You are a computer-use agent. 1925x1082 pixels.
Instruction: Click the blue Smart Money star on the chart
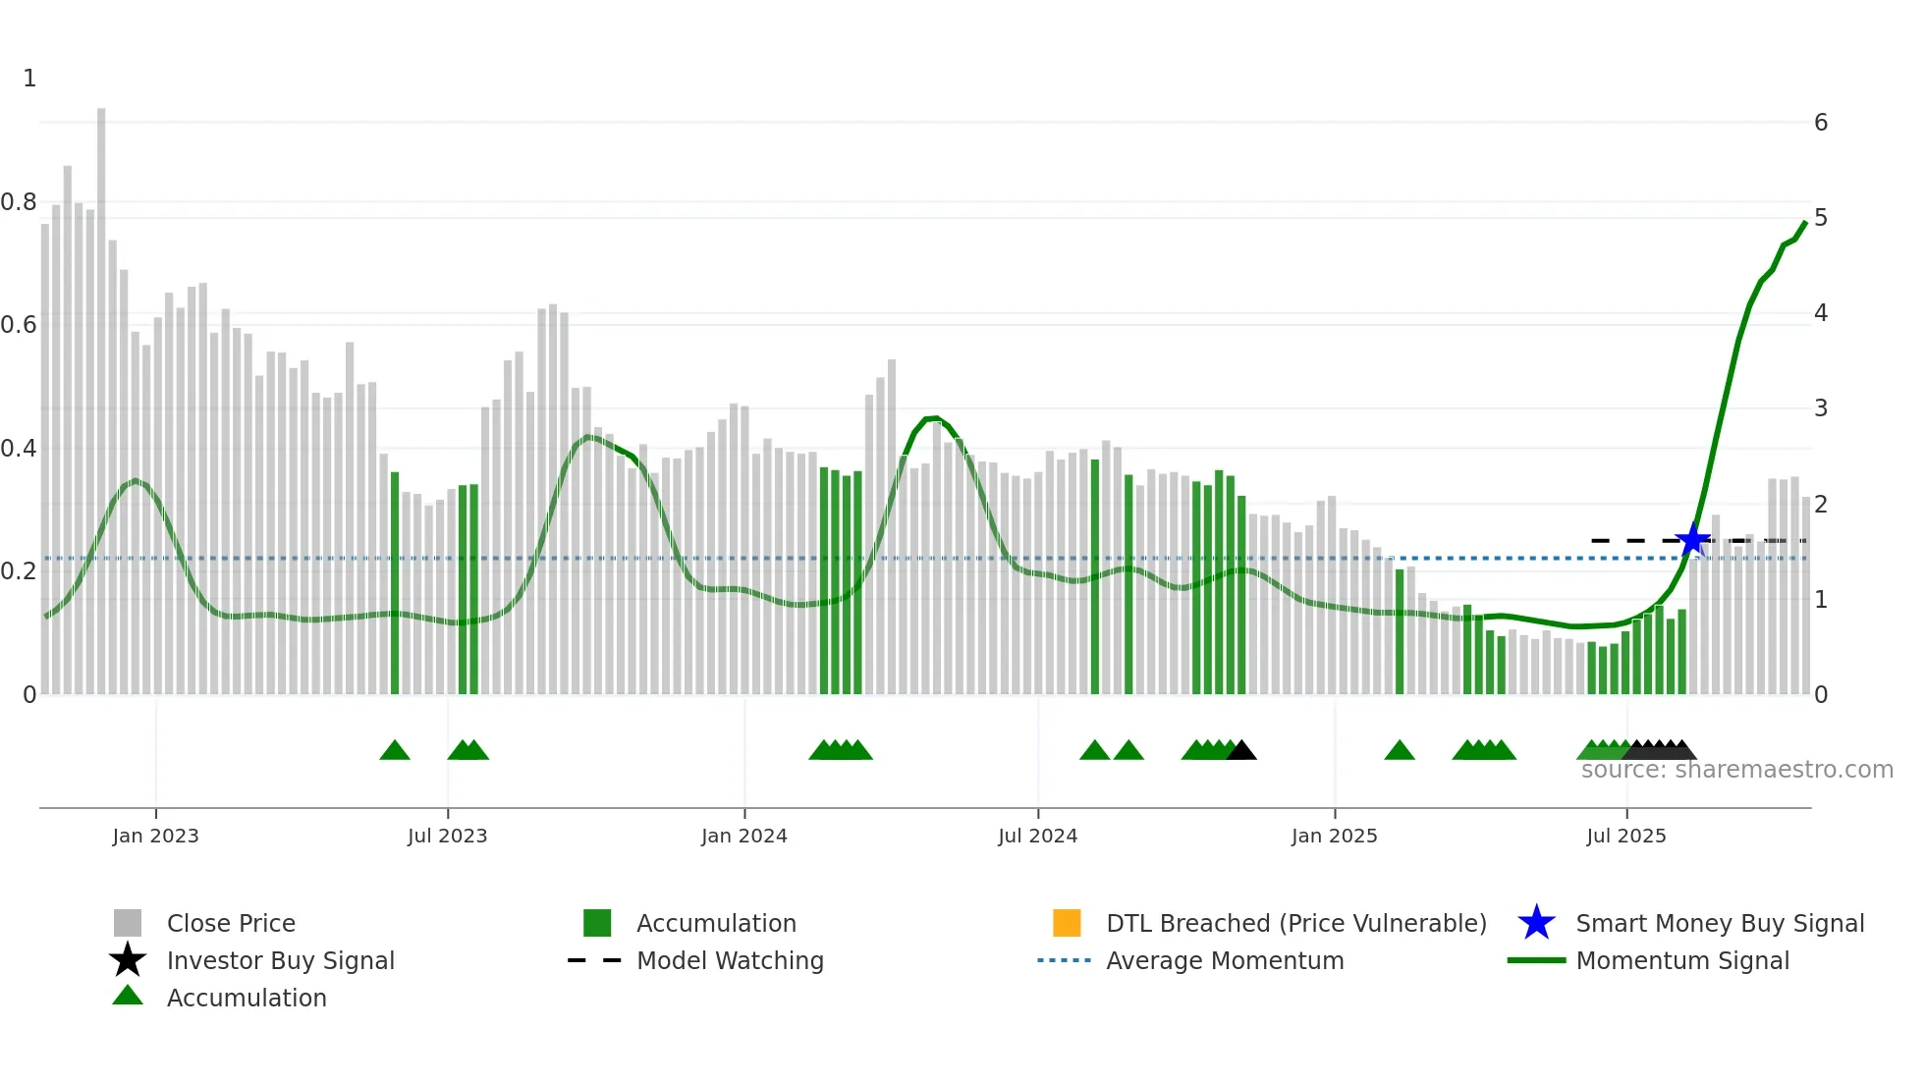point(1692,540)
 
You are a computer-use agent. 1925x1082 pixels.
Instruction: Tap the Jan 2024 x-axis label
point(743,836)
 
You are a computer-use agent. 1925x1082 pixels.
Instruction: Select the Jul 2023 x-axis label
point(447,836)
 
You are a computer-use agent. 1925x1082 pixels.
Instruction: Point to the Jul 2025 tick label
point(1625,836)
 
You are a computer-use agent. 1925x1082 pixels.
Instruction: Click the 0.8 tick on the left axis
point(19,202)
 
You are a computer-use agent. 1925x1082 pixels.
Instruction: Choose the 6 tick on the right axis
point(1820,123)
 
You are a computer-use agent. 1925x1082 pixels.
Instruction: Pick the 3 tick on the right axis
point(1820,407)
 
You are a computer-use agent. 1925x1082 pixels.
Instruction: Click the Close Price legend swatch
point(128,923)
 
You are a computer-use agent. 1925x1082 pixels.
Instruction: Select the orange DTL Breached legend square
point(1067,923)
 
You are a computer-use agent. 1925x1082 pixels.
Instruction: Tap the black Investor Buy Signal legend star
point(128,960)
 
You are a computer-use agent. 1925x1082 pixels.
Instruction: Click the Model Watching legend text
point(730,960)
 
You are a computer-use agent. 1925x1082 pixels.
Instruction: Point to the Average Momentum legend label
point(1225,960)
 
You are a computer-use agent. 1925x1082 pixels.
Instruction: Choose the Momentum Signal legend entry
point(1681,960)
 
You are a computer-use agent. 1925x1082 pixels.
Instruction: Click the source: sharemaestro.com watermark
point(1736,770)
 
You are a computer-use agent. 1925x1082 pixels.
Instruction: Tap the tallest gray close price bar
point(101,393)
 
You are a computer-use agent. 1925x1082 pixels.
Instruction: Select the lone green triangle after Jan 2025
point(1400,751)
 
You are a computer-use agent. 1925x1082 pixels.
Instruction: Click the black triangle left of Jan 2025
point(1241,751)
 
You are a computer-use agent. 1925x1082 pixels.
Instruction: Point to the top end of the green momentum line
point(1805,223)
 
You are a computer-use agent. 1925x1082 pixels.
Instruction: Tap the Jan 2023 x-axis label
point(155,836)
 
